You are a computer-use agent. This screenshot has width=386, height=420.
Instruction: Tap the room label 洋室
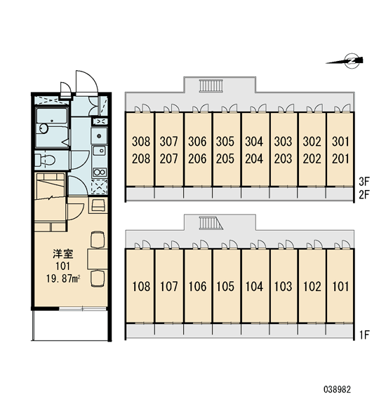coord(63,254)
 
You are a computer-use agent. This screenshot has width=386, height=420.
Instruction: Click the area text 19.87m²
coord(63,279)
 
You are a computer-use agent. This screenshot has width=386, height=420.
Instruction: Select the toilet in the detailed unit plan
coord(45,160)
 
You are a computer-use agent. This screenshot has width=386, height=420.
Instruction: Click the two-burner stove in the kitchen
coord(100,172)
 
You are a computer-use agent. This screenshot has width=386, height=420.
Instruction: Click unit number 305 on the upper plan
coord(225,142)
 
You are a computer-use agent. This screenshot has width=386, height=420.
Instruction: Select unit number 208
coord(141,159)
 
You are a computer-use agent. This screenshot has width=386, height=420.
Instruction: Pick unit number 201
coord(340,159)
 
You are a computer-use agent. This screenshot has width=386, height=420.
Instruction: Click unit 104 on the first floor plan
coord(254,287)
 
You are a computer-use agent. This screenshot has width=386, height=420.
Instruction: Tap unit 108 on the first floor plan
coord(141,287)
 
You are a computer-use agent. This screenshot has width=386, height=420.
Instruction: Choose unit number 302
coord(312,142)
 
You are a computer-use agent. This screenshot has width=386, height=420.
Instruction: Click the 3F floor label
coord(364,182)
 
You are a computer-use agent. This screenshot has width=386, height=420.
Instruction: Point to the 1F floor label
coord(364,334)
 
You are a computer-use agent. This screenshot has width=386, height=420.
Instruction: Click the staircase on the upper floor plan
coord(211,86)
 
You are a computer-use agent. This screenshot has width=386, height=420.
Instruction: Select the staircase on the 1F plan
coord(211,223)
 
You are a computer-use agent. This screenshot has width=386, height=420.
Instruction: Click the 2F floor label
coord(364,195)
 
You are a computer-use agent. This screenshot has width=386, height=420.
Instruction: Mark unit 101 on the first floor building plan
coord(340,287)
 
